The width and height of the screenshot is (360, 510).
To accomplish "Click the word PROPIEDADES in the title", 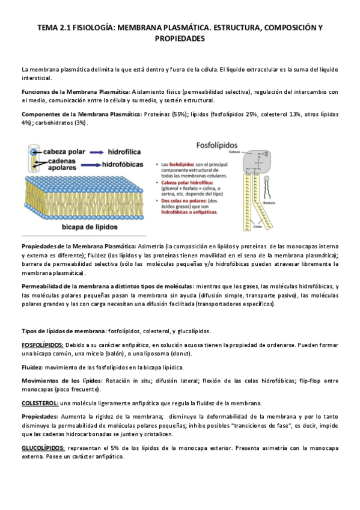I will click(180, 38).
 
